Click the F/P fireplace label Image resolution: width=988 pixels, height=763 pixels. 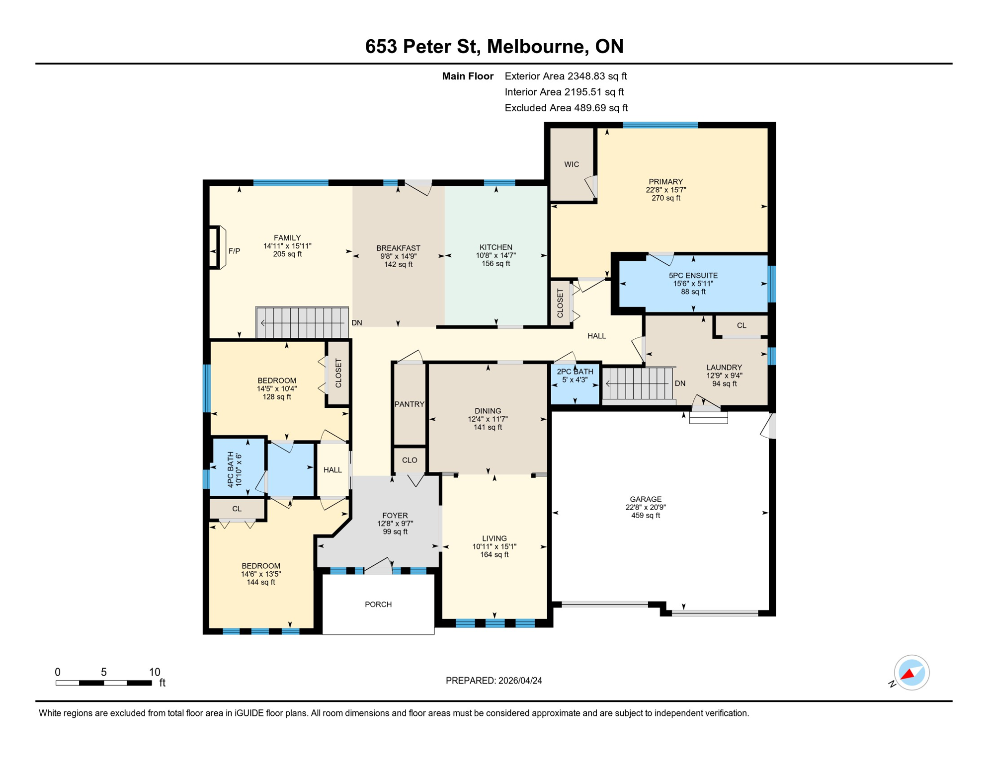[x=234, y=251]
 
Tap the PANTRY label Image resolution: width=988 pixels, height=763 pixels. [x=409, y=404]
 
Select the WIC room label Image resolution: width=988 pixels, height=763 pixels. [x=571, y=164]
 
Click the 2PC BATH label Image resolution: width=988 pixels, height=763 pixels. [x=575, y=372]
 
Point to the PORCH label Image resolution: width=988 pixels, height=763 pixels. [x=378, y=605]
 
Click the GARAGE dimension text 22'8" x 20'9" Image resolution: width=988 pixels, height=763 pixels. [x=645, y=507]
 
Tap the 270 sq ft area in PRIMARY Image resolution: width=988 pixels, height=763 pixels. [x=665, y=198]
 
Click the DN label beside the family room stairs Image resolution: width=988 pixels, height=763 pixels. [x=356, y=323]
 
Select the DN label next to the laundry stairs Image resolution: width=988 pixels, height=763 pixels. [x=680, y=383]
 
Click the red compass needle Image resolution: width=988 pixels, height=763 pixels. [x=907, y=675]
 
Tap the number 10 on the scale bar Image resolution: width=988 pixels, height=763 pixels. [x=155, y=672]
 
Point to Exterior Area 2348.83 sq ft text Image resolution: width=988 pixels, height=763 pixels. [x=566, y=76]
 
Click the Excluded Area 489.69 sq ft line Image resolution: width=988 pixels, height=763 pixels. [x=566, y=108]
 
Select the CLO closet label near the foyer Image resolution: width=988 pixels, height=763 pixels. [x=409, y=460]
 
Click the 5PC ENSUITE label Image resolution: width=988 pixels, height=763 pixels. [x=693, y=276]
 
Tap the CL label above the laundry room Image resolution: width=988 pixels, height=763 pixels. [x=741, y=326]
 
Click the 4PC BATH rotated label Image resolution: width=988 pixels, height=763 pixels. [x=231, y=469]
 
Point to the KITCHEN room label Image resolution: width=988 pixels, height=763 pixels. [x=495, y=247]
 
